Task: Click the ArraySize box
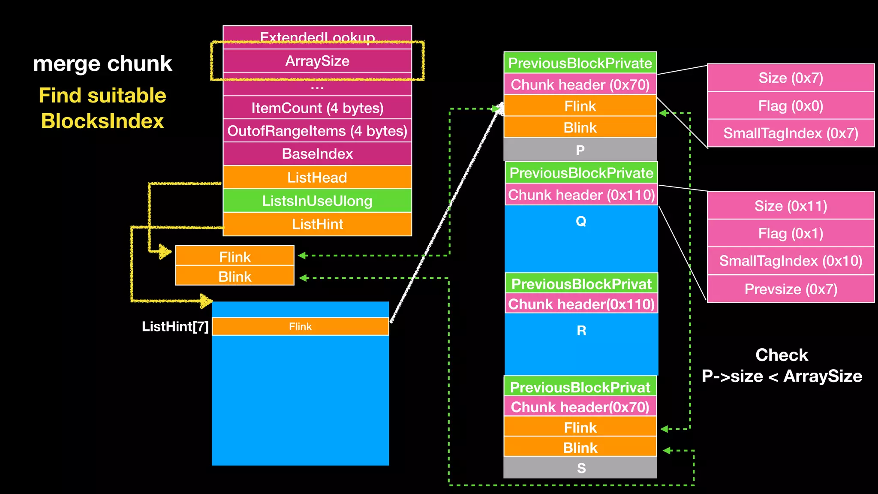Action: pos(317,61)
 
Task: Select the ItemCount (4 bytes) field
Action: pos(317,108)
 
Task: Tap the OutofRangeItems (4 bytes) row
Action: pos(317,131)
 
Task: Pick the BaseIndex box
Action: pos(317,154)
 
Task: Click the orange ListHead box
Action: pos(317,177)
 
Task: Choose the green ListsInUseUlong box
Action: pos(317,201)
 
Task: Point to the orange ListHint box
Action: pos(317,224)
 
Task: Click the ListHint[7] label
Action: pos(175,327)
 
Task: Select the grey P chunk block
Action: pos(580,150)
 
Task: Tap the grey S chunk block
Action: pos(580,468)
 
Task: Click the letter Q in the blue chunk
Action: pos(581,221)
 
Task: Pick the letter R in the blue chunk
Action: pos(581,331)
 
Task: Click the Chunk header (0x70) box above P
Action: pos(580,84)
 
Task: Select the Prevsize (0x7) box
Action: pos(791,289)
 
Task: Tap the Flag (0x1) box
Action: pos(791,233)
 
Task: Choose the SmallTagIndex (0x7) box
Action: pos(791,133)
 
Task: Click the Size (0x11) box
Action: pos(791,206)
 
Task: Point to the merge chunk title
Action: pos(102,63)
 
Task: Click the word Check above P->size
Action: pos(781,355)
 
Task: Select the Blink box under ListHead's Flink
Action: pos(235,276)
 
